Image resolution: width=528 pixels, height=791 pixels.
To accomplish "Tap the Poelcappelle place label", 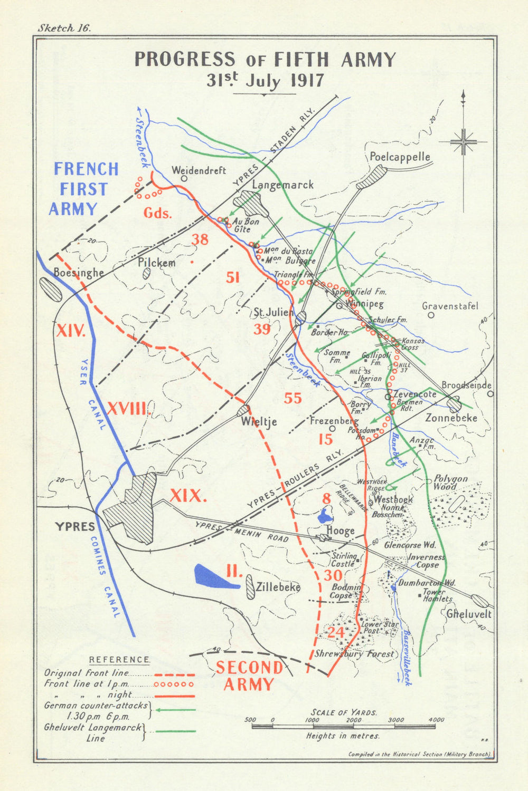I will pyautogui.click(x=400, y=157).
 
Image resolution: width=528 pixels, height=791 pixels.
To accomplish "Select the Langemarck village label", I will pyautogui.click(x=282, y=185).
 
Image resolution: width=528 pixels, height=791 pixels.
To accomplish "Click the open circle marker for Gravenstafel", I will pyautogui.click(x=431, y=315).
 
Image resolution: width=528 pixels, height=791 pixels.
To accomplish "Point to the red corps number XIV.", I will pyautogui.click(x=70, y=332).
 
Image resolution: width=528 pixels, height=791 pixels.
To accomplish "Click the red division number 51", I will pyautogui.click(x=233, y=277).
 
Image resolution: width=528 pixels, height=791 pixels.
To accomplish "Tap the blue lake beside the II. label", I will pyautogui.click(x=215, y=576).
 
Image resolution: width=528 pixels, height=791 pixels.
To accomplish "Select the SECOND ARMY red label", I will pyautogui.click(x=249, y=676).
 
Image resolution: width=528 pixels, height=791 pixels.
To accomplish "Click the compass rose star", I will pyautogui.click(x=463, y=142).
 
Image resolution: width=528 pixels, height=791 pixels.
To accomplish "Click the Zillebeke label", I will pyautogui.click(x=278, y=587).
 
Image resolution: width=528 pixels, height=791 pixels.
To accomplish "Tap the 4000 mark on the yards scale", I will pyautogui.click(x=436, y=719).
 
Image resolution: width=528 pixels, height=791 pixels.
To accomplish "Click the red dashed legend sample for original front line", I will pyautogui.click(x=174, y=674).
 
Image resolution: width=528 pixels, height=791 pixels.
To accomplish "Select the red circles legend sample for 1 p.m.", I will pyautogui.click(x=174, y=685).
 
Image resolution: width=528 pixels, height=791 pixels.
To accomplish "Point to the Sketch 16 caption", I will pyautogui.click(x=64, y=28).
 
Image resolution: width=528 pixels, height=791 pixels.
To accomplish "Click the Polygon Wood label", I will pyautogui.click(x=450, y=483).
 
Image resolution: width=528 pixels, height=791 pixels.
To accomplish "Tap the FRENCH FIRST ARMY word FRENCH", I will pyautogui.click(x=86, y=169).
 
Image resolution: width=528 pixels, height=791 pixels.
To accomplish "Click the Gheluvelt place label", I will pyautogui.click(x=469, y=614).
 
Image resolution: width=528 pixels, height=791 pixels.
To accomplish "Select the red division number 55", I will pyautogui.click(x=293, y=398).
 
